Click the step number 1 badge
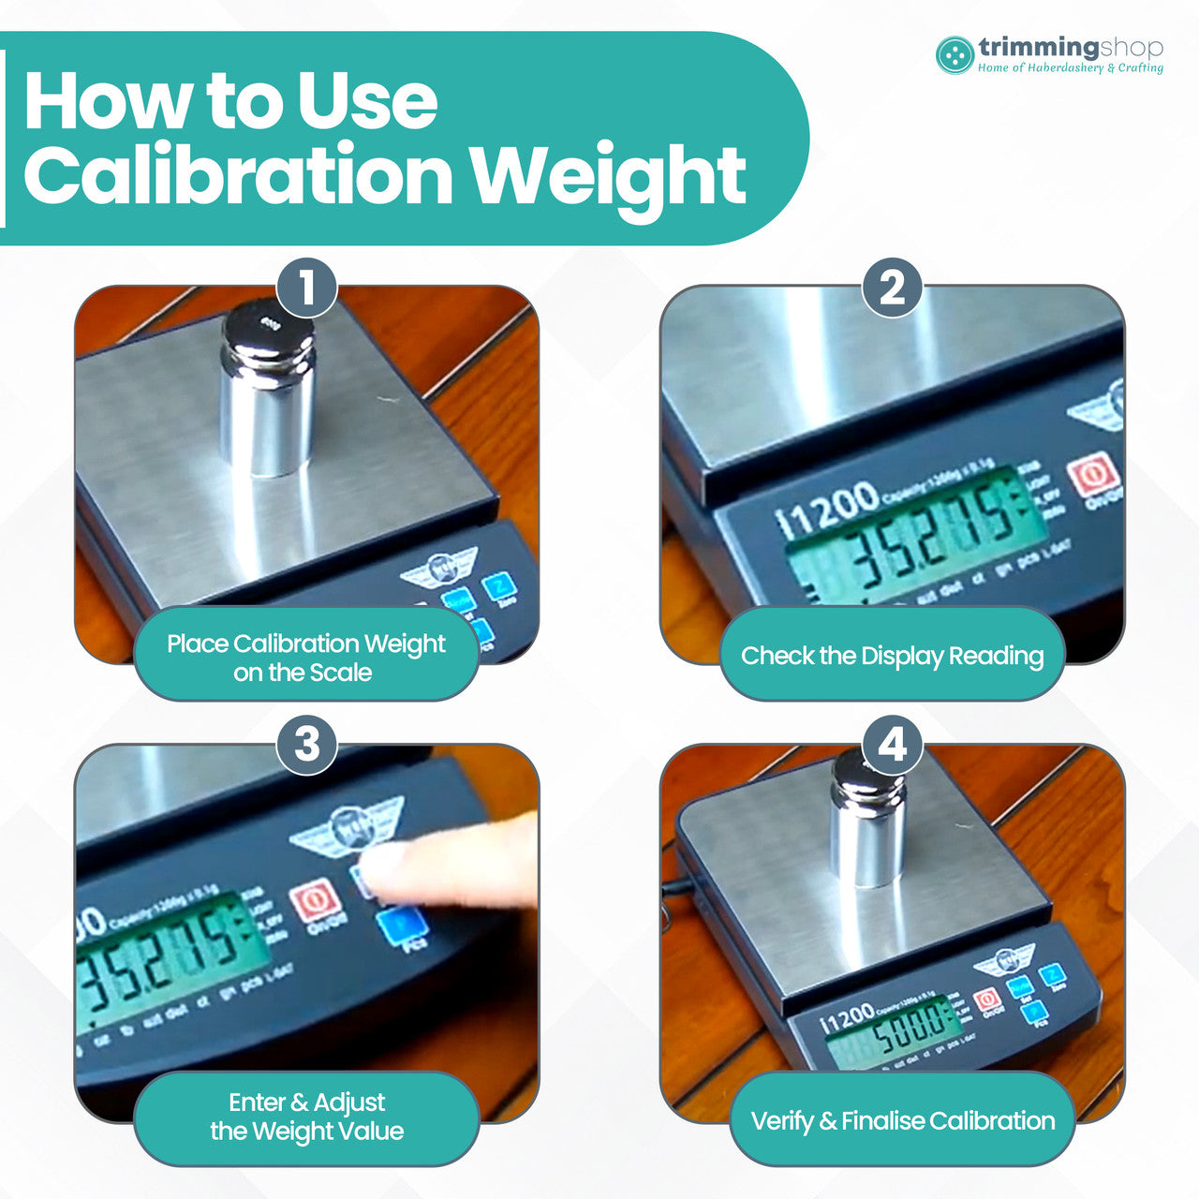pyautogui.click(x=307, y=288)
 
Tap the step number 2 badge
pyautogui.click(x=893, y=288)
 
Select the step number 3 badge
pyautogui.click(x=307, y=746)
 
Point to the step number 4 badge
pyautogui.click(x=893, y=746)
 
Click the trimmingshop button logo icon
pyautogui.click(x=955, y=55)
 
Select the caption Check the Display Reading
pyautogui.click(x=892, y=655)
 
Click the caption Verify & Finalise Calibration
pyautogui.click(x=902, y=1120)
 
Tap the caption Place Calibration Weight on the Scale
pyautogui.click(x=305, y=657)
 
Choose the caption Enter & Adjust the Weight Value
pyautogui.click(x=306, y=1116)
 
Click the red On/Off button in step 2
pyautogui.click(x=1092, y=474)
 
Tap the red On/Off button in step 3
pyautogui.click(x=314, y=902)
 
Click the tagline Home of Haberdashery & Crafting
pyautogui.click(x=1070, y=68)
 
